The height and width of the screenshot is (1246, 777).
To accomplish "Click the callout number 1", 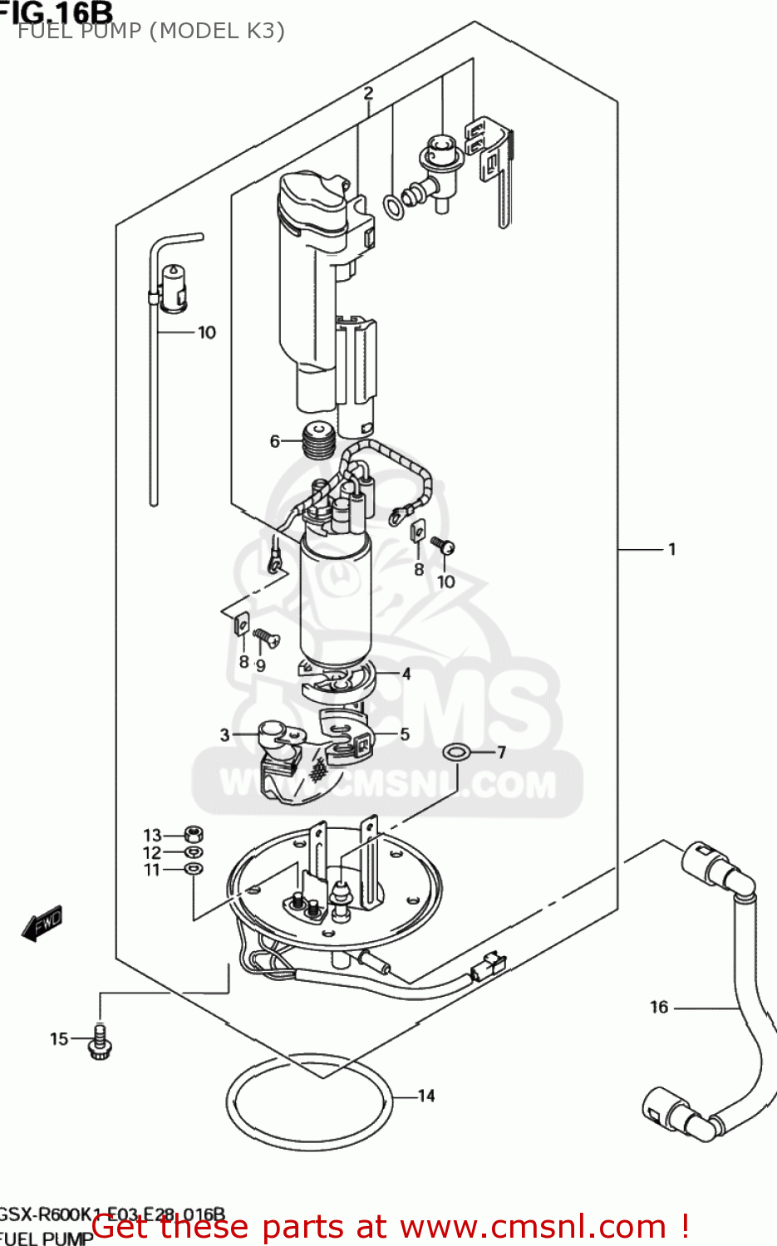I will pyautogui.click(x=671, y=549).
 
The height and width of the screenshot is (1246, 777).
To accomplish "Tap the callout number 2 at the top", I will pyautogui.click(x=368, y=93).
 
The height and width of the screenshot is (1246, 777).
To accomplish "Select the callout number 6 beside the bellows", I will pyautogui.click(x=275, y=441).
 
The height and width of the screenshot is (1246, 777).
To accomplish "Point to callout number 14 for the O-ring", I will pyautogui.click(x=426, y=1096).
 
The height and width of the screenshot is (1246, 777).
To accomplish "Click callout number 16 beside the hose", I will pyautogui.click(x=659, y=1007).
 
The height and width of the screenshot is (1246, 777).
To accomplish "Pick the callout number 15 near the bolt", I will pyautogui.click(x=59, y=1038).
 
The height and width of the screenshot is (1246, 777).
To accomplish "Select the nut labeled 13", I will pyautogui.click(x=193, y=833).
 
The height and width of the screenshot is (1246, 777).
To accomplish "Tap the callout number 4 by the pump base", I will pyautogui.click(x=406, y=674).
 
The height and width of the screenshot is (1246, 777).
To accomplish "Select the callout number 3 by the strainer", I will pyautogui.click(x=224, y=734).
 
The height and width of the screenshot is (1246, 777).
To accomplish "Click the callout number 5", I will pyautogui.click(x=405, y=734).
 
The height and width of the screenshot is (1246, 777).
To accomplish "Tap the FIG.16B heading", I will pyautogui.click(x=57, y=12).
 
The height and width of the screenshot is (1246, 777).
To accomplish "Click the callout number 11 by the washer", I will pyautogui.click(x=151, y=870).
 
